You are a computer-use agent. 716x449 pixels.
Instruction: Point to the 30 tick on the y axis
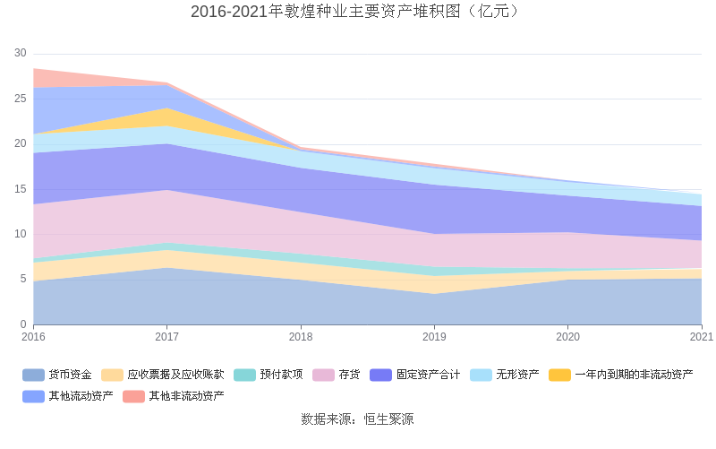[x=21, y=53]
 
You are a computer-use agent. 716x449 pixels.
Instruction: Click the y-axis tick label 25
[x=21, y=99]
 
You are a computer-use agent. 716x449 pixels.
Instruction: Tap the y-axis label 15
[x=21, y=189]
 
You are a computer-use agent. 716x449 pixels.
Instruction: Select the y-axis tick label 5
[x=23, y=280]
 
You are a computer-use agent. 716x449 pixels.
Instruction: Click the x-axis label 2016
[x=33, y=337]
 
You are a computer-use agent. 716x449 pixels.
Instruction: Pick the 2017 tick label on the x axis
[x=166, y=337]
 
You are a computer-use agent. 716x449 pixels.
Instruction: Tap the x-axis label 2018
[x=301, y=337]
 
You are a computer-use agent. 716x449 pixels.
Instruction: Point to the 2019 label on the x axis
[x=434, y=337]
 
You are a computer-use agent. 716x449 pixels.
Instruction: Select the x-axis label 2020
[x=567, y=337]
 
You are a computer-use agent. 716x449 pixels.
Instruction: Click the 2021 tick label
[x=701, y=337]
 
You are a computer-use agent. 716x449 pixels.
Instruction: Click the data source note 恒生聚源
[x=357, y=419]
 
